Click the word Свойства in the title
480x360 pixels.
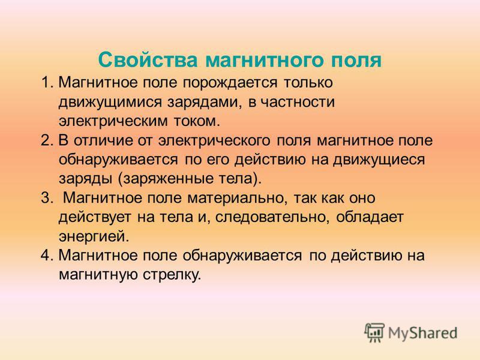[x=148, y=59]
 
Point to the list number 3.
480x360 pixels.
[x=47, y=198]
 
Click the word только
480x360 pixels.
[x=308, y=83]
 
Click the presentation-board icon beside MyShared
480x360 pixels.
[x=374, y=332]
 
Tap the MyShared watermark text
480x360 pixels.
[x=423, y=333]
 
